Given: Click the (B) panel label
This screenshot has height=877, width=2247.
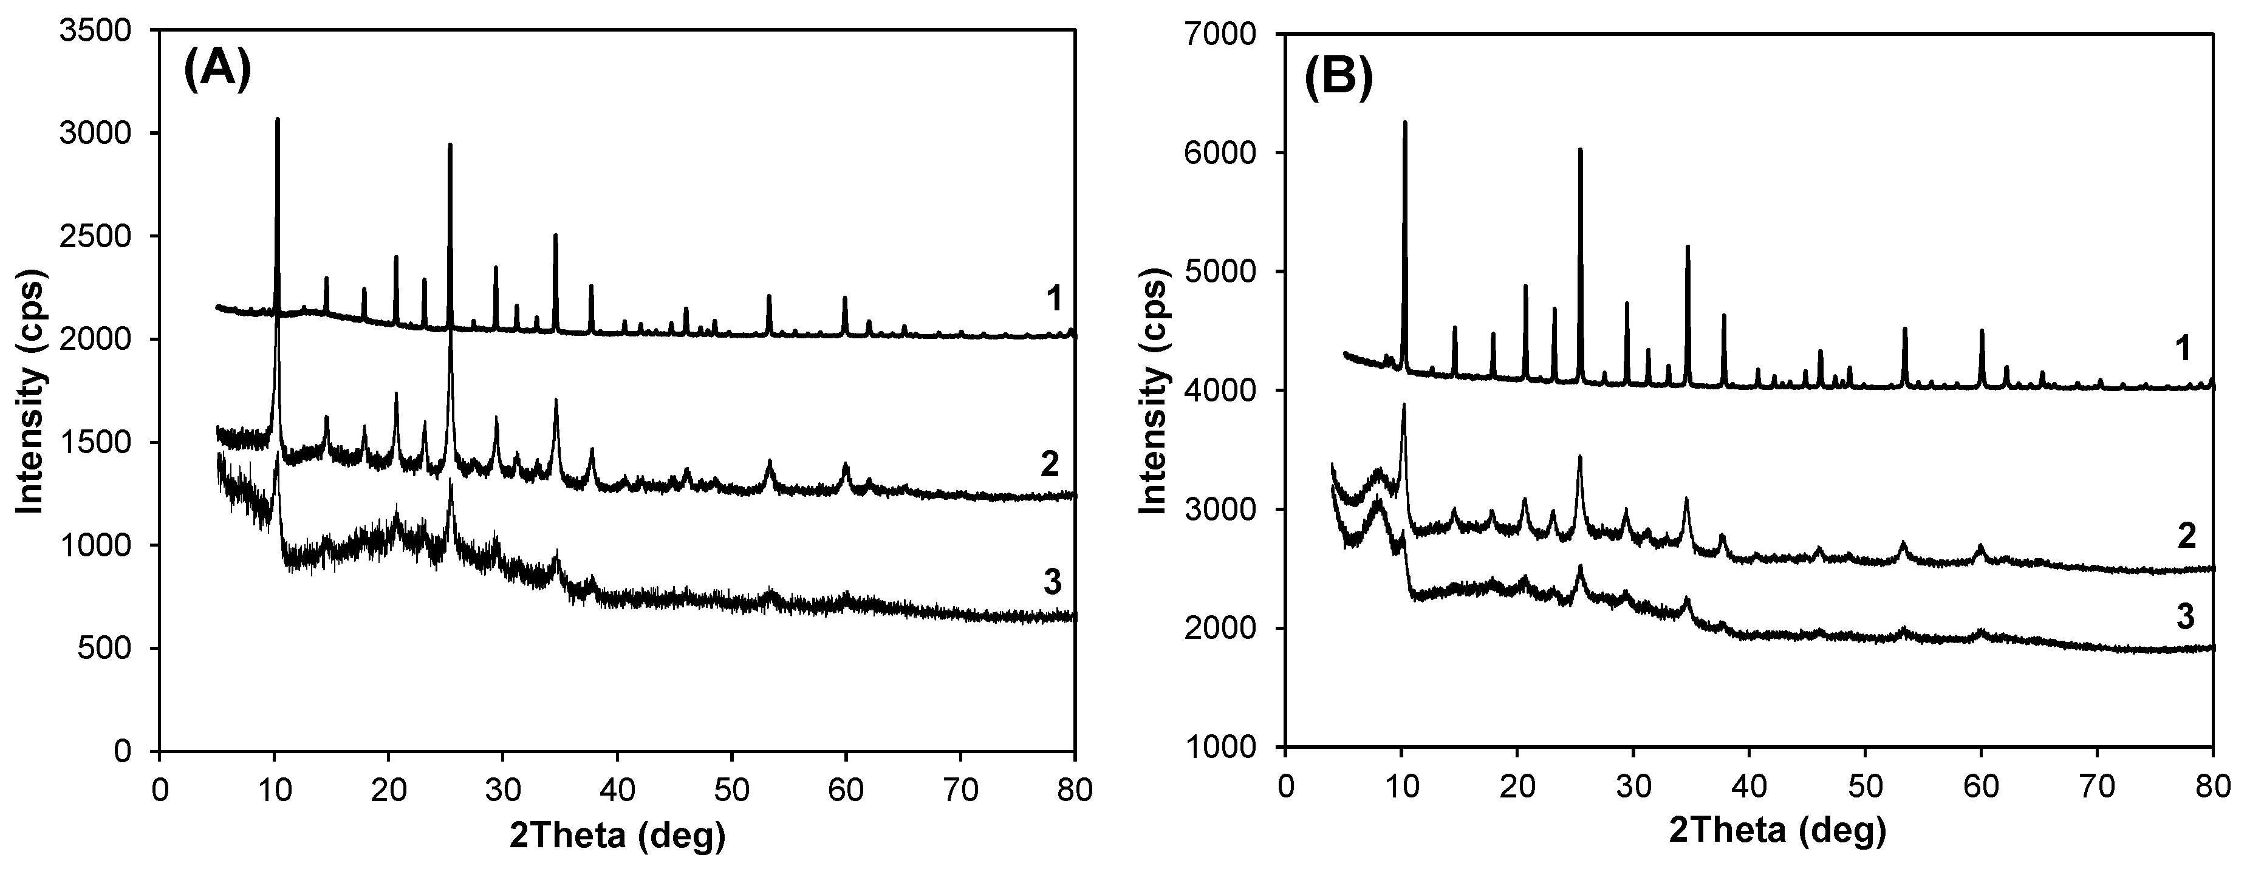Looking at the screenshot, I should [x=1339, y=76].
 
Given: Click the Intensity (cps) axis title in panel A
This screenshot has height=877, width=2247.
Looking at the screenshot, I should [x=32, y=390].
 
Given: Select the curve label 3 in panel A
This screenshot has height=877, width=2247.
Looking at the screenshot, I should [x=1053, y=582].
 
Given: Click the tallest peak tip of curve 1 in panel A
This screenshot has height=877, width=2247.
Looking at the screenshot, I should [x=278, y=120].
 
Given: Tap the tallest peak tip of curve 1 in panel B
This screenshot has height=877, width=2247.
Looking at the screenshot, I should [x=1404, y=122].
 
